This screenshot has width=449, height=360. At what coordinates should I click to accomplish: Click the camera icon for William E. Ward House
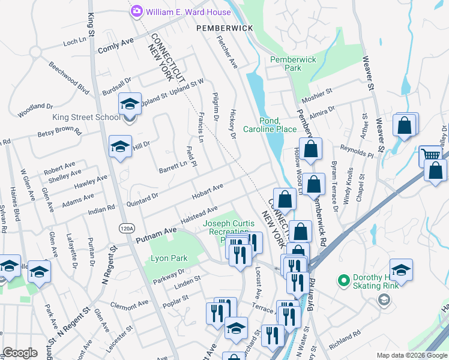pyautogui.click(x=137, y=11)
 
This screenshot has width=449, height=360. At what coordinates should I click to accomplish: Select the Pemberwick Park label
pyautogui.click(x=294, y=64)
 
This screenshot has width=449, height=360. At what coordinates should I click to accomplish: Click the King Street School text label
pyautogui.click(x=86, y=117)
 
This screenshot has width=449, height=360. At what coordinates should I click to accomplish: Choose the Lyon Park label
pyautogui.click(x=169, y=259)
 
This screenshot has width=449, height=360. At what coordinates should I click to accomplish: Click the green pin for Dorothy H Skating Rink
pyautogui.click(x=343, y=280)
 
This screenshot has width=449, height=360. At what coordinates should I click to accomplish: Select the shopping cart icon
pyautogui.click(x=430, y=155)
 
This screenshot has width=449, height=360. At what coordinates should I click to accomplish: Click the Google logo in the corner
pyautogui.click(x=20, y=353)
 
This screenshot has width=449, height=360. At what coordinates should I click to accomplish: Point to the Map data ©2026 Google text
pyautogui.click(x=412, y=355)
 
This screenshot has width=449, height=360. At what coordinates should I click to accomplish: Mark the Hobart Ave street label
pyautogui.click(x=208, y=190)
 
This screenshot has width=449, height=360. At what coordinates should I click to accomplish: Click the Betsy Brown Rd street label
pyautogui.click(x=59, y=131)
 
